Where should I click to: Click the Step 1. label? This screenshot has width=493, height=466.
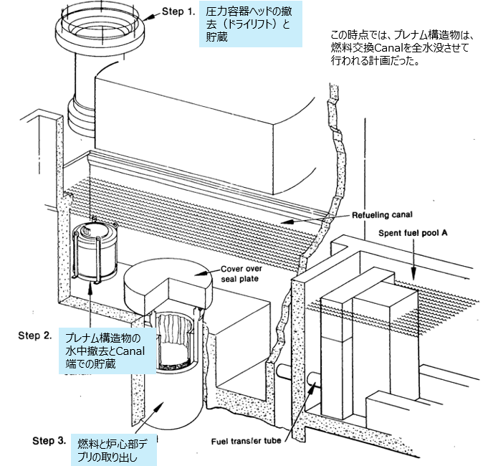(174, 12)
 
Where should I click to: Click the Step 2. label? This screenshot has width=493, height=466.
(34, 335)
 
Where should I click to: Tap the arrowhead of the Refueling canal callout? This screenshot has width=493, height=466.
(282, 223)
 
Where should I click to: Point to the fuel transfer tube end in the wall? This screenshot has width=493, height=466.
(313, 384)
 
